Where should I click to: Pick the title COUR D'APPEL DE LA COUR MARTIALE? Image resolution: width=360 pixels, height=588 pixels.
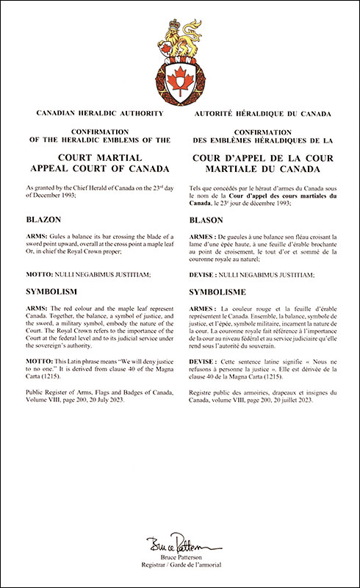pos(262,162)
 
